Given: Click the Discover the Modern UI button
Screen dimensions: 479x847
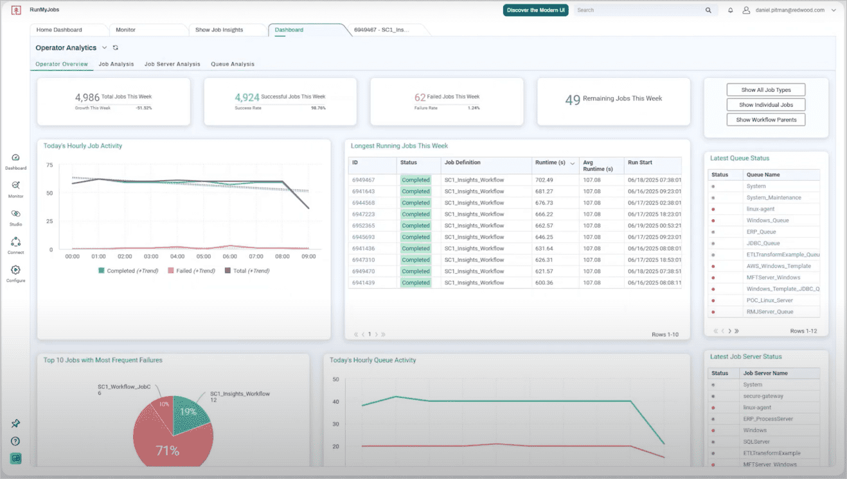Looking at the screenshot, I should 535,10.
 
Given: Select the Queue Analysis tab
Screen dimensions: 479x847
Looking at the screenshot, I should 233,64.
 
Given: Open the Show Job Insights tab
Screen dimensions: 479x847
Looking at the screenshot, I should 219,30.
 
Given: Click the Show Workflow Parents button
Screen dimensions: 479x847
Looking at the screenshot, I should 765,120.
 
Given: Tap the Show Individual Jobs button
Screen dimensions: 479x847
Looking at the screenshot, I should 765,105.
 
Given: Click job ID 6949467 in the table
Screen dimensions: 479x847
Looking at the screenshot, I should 363,180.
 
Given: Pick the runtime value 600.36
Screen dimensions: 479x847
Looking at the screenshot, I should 544,283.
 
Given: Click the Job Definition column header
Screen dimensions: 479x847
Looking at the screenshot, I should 463,163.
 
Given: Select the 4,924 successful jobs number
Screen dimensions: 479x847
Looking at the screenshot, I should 247,98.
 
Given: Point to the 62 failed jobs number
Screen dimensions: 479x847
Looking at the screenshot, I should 420,98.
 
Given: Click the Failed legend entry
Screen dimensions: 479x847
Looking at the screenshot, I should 191,271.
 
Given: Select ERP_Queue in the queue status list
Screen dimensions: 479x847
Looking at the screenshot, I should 761,232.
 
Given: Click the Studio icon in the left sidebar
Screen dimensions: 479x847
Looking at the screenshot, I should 15,214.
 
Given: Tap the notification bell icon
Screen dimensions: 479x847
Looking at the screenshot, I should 731,10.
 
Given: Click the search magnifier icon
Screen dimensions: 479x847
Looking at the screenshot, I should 708,10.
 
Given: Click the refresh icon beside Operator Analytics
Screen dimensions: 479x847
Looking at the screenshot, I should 116,48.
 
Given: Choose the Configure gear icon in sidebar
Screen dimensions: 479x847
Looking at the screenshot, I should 15,271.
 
